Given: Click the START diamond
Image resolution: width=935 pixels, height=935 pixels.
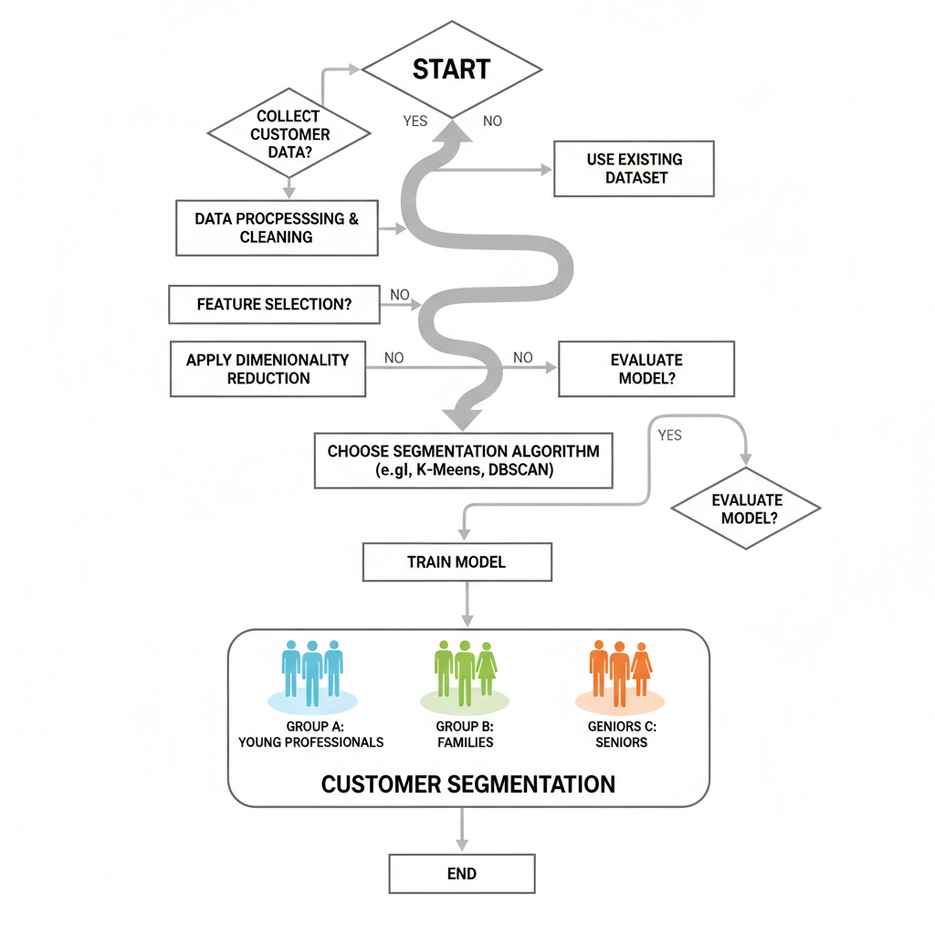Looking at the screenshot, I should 452,70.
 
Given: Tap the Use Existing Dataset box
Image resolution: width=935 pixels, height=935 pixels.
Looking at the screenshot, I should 634,169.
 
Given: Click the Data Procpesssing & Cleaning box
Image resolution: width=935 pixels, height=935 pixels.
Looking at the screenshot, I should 276,228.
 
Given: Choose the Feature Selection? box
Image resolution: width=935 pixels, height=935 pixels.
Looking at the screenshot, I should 274,305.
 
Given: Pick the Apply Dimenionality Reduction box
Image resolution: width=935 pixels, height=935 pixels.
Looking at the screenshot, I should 268,369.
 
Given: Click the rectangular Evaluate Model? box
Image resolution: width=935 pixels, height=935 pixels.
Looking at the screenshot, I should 646,369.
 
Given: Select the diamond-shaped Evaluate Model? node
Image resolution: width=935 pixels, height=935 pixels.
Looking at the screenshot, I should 746,509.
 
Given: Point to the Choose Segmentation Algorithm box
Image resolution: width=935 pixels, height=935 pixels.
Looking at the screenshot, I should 463,461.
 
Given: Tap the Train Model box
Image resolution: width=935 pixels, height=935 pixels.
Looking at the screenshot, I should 457,562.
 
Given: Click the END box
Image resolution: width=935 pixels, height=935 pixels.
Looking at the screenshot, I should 461,874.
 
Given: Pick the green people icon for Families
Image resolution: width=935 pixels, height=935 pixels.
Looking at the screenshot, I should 465,673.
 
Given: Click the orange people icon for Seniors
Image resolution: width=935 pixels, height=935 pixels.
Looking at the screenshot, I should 620,673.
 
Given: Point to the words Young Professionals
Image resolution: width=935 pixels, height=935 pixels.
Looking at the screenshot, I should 311,742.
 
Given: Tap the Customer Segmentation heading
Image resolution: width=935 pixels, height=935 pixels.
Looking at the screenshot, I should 467,784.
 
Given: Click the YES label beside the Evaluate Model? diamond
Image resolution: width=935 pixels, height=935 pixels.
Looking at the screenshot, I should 669,436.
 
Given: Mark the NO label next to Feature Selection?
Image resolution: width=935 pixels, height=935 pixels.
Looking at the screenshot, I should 400,295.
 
